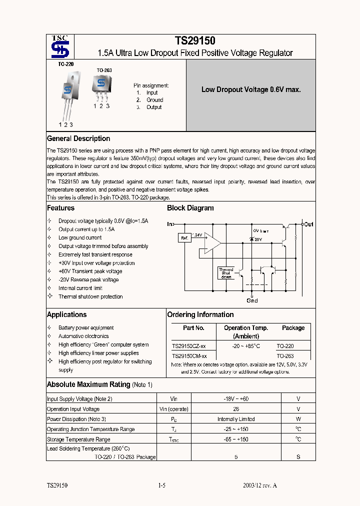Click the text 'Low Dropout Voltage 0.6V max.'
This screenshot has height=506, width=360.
point(250,90)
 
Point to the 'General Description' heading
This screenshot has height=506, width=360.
point(78,138)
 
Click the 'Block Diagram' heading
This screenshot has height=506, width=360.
point(190,208)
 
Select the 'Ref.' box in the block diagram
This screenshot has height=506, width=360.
point(184,238)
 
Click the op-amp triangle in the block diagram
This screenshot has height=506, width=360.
point(212,243)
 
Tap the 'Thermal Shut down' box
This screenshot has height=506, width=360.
point(226,273)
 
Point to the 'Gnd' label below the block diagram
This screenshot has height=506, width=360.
point(252,300)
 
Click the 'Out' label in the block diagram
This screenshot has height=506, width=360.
point(308,224)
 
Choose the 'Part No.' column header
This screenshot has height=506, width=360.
point(193,328)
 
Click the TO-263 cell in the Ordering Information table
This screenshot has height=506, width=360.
point(285,356)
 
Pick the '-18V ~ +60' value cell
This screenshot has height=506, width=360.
point(236,399)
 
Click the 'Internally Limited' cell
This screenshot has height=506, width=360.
point(236,419)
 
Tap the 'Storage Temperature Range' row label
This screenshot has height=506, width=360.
point(78,439)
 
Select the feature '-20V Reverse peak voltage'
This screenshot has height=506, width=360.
point(88,280)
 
